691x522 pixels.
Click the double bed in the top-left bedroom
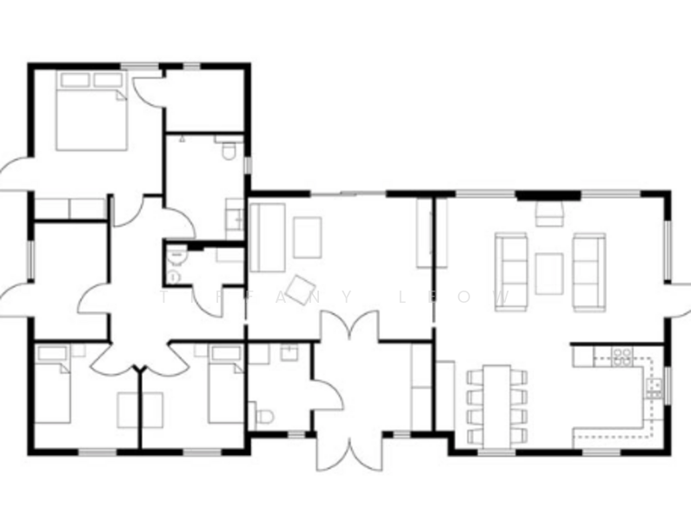(91, 112)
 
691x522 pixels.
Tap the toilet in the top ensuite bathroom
(229, 153)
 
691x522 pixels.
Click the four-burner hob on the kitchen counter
(622, 356)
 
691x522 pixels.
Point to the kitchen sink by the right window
(654, 383)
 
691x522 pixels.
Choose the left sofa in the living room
(510, 270)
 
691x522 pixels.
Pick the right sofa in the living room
(588, 270)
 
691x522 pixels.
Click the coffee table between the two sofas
(549, 272)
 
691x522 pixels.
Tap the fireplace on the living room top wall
(549, 211)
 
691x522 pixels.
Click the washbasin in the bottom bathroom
(289, 351)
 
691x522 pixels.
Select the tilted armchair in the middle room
(302, 288)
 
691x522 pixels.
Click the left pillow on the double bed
(75, 80)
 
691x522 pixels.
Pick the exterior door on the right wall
(679, 301)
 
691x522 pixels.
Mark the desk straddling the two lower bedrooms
(140, 410)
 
